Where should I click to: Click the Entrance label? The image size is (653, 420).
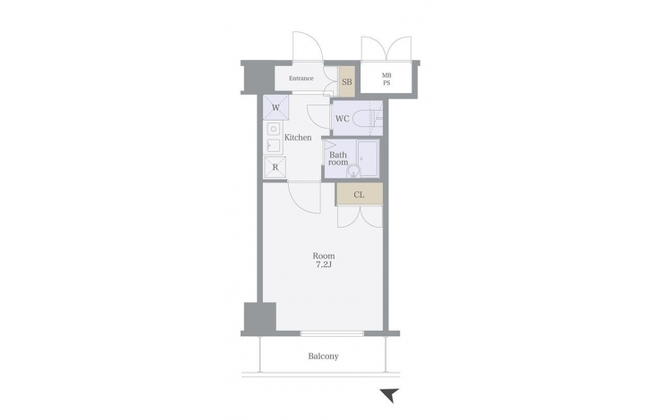(x=301, y=78)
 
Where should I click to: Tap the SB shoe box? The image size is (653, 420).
(x=346, y=81)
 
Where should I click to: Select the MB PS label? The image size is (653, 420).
(x=386, y=79)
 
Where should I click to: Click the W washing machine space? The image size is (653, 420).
(x=276, y=108)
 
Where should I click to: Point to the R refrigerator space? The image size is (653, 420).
(x=275, y=167)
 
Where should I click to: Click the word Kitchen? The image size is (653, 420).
(x=298, y=138)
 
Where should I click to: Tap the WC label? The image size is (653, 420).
(x=343, y=119)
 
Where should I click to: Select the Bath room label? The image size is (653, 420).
(x=338, y=158)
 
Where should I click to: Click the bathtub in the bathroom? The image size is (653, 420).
(x=368, y=158)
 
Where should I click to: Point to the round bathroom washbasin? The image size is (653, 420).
(x=353, y=171)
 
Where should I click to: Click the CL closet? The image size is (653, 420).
(x=360, y=194)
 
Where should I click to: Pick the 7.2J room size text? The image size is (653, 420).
(x=324, y=265)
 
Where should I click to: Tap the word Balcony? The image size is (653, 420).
(x=324, y=357)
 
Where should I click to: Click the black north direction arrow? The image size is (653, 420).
(x=390, y=395)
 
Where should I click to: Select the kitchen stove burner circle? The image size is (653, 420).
(x=274, y=129)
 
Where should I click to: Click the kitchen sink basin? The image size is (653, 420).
(x=274, y=147)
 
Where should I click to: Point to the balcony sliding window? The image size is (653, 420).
(x=332, y=333)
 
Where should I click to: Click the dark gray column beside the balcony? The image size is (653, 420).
(x=260, y=317)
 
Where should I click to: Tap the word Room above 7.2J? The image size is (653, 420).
(x=324, y=256)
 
